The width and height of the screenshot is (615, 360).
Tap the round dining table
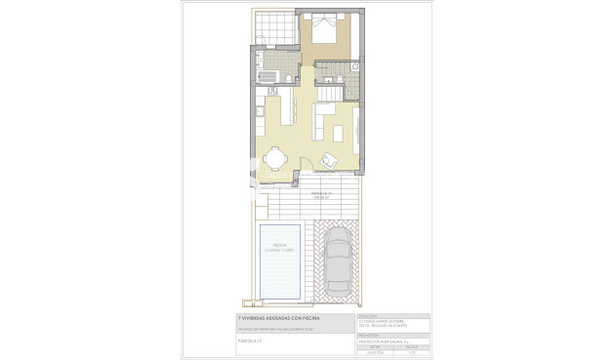276,158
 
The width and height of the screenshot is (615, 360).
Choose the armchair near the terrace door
330,160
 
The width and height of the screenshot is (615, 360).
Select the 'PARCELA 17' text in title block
252,341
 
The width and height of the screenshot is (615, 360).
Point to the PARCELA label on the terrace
321,194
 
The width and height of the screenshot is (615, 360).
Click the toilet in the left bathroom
291,77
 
